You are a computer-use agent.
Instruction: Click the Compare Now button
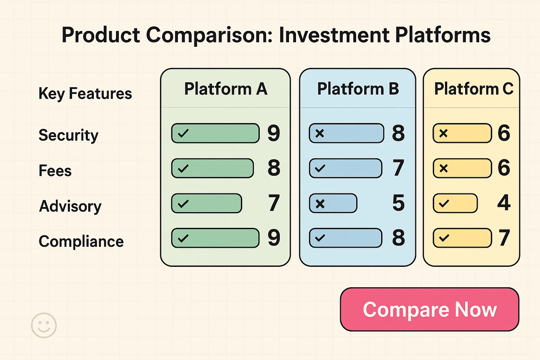pos(429,309)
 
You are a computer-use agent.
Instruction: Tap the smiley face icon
pos(44,325)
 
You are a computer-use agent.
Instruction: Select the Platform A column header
pos(226,89)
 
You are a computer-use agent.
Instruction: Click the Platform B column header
pos(358,89)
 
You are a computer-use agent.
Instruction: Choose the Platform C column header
pos(473,89)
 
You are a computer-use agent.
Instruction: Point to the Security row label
pos(69,135)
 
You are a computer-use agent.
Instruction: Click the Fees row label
pos(55,171)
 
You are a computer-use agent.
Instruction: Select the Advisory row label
pos(70,206)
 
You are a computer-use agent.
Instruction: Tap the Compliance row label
pos(81,242)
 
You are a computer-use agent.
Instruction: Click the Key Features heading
pos(85,94)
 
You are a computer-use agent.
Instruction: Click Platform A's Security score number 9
pos(274,133)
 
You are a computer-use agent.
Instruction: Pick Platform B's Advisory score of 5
pos(398,203)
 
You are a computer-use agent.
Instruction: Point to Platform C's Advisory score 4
pos(504,203)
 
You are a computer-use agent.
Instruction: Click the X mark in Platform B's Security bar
pos(320,133)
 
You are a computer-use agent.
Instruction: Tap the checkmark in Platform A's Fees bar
pos(183,168)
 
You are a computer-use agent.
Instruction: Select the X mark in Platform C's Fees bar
pos(444,168)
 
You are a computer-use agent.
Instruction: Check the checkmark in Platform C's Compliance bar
pos(444,238)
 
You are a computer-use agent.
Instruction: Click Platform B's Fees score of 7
pos(398,168)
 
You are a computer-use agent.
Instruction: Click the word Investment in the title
pos(334,35)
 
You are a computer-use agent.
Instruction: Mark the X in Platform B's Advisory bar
pos(320,204)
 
